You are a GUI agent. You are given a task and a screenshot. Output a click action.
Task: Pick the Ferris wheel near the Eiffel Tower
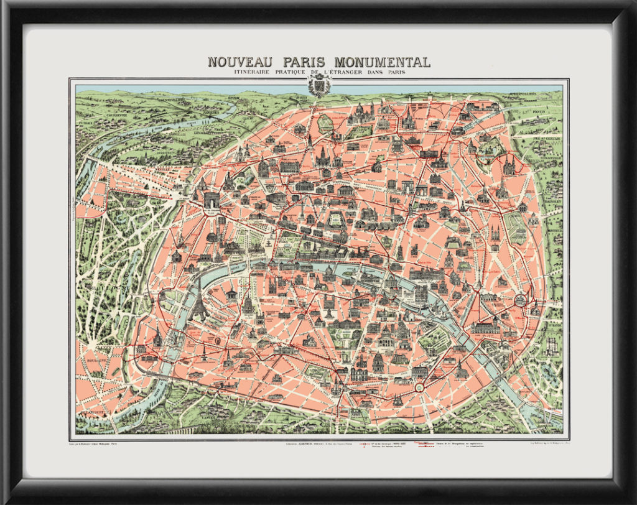217,341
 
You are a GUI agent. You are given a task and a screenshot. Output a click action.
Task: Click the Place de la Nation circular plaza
519,300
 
